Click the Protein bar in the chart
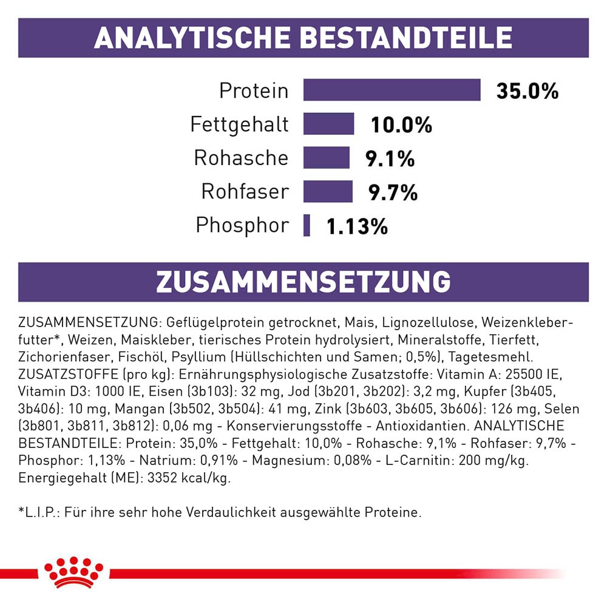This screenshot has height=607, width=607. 392,90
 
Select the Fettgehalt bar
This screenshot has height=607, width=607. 328,124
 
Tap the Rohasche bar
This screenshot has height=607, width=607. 327,158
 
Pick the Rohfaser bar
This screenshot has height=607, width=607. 328,192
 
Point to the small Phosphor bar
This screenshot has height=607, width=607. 307,225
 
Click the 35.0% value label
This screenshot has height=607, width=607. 527,91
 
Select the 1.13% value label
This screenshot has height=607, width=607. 357,226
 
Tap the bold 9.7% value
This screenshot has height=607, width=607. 393,192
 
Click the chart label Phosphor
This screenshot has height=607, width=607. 242,225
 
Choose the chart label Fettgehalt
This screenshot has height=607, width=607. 239,124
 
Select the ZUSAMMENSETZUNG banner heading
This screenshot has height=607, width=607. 303,282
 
